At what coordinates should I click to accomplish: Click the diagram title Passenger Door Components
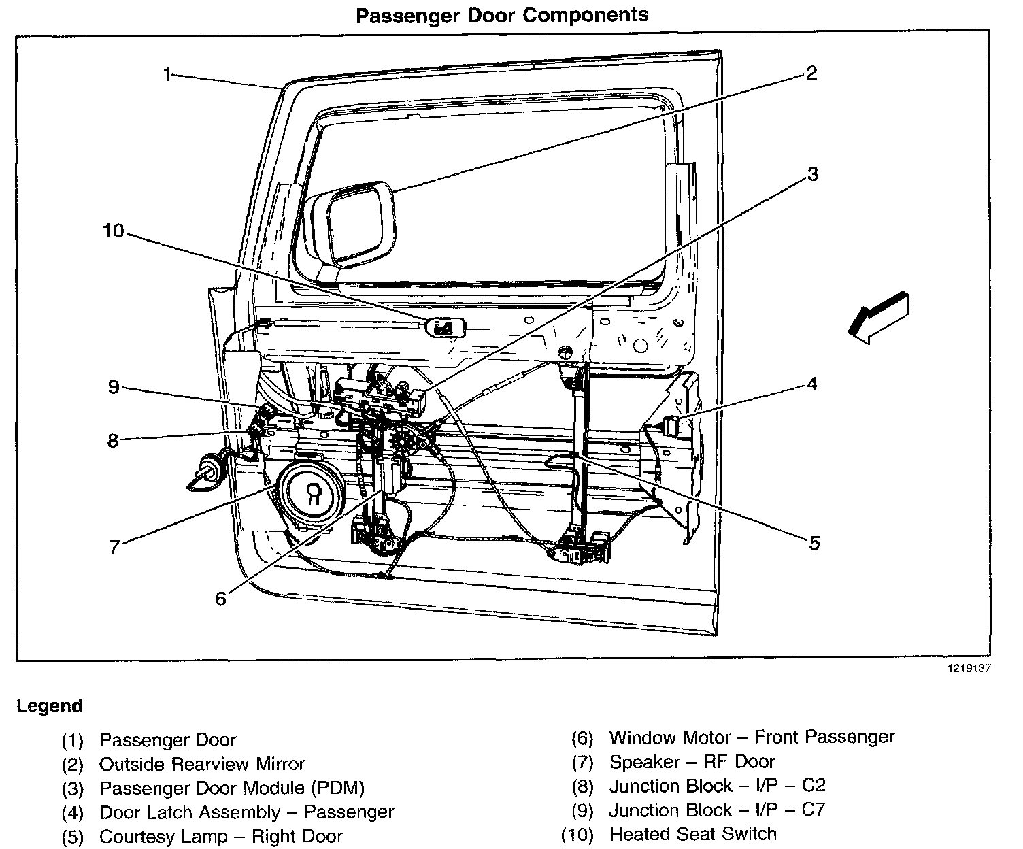click(502, 16)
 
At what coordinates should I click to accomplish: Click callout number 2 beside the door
click(811, 73)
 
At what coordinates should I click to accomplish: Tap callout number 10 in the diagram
click(113, 231)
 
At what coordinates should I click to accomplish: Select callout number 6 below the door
click(220, 599)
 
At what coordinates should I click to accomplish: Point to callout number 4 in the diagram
click(811, 384)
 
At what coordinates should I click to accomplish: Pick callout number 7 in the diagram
click(114, 546)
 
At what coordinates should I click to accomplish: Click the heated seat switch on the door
click(445, 327)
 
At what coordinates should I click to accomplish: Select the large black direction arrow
click(879, 317)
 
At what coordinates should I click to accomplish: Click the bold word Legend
click(50, 706)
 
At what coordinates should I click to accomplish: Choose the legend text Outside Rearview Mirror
click(202, 764)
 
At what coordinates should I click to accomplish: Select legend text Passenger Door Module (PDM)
click(232, 788)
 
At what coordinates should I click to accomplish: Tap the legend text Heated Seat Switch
click(692, 834)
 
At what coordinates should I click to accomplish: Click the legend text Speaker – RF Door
click(692, 762)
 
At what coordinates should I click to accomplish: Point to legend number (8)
click(583, 786)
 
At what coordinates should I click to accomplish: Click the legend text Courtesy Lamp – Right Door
click(220, 836)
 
